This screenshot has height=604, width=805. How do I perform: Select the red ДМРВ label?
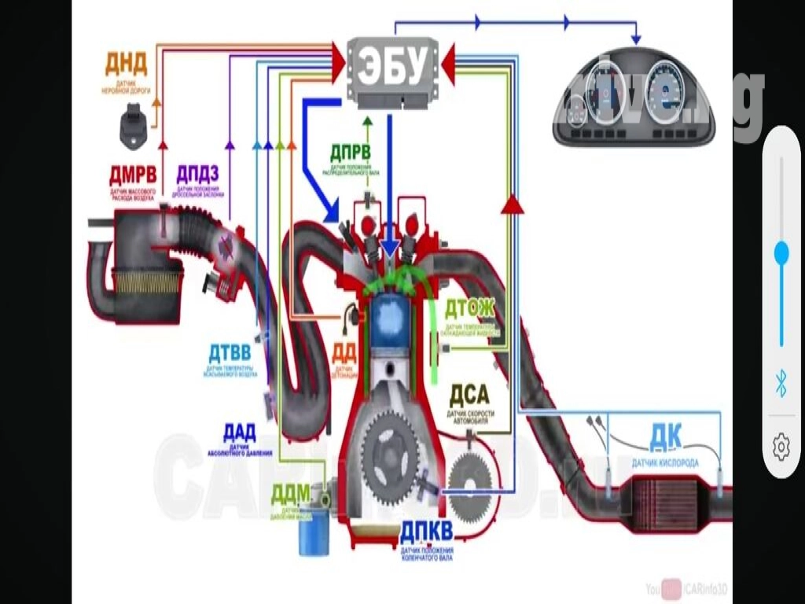tap(133, 174)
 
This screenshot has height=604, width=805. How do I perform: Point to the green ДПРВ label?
tap(350, 153)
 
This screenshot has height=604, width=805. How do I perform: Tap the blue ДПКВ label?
tap(426, 532)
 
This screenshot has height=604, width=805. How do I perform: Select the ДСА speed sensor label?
tap(469, 393)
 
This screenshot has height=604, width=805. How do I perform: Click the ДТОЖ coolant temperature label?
tap(470, 308)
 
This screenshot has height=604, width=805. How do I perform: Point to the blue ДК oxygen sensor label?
tap(665, 435)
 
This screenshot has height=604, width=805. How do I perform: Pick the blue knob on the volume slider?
tap(781, 252)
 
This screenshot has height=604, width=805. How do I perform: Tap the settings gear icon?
tap(781, 447)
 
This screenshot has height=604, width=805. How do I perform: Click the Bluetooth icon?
tap(781, 385)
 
